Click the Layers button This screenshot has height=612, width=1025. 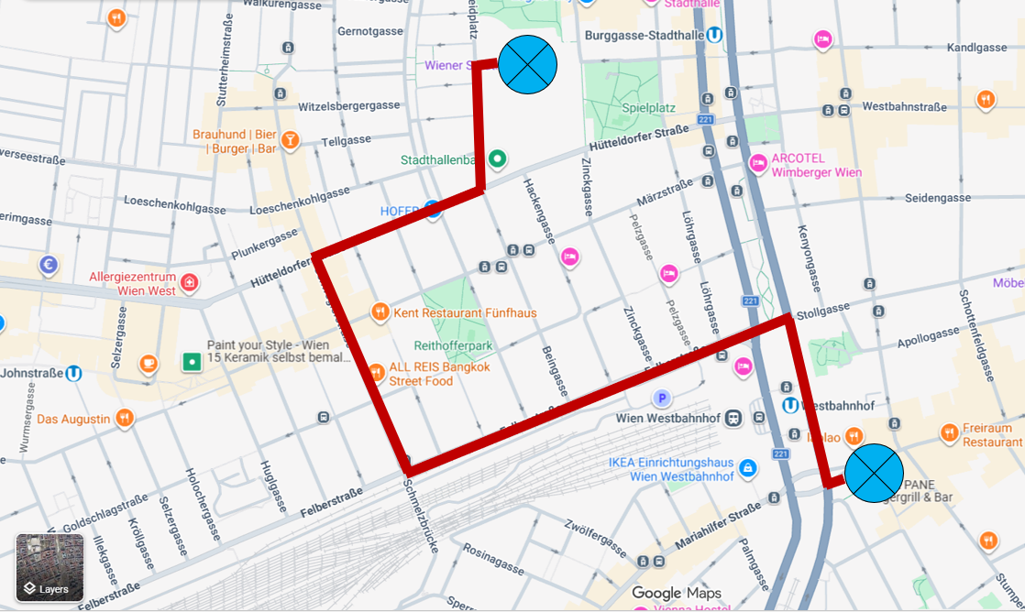click(50, 568)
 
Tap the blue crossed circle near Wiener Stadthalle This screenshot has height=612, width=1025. click(527, 64)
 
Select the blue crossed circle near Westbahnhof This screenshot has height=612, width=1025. click(874, 473)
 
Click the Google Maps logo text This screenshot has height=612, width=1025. click(677, 593)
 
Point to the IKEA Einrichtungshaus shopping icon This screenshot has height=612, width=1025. click(748, 468)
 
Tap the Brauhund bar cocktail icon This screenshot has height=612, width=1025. click(291, 139)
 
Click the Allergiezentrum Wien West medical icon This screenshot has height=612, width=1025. click(190, 281)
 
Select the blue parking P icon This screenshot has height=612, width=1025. click(661, 398)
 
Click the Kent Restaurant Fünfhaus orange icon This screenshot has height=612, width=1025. click(380, 312)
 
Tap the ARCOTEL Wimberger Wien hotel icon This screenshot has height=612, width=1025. click(758, 164)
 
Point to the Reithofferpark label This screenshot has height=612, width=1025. click(454, 345)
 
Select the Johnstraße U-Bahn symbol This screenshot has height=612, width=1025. click(74, 373)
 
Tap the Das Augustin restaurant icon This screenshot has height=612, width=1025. click(125, 419)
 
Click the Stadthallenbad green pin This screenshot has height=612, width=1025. click(497, 159)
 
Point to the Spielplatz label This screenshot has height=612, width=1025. click(648, 107)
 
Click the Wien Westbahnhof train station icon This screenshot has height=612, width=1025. click(733, 418)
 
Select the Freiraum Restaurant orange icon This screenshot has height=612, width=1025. click(949, 432)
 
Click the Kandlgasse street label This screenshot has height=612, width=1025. click(977, 47)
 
